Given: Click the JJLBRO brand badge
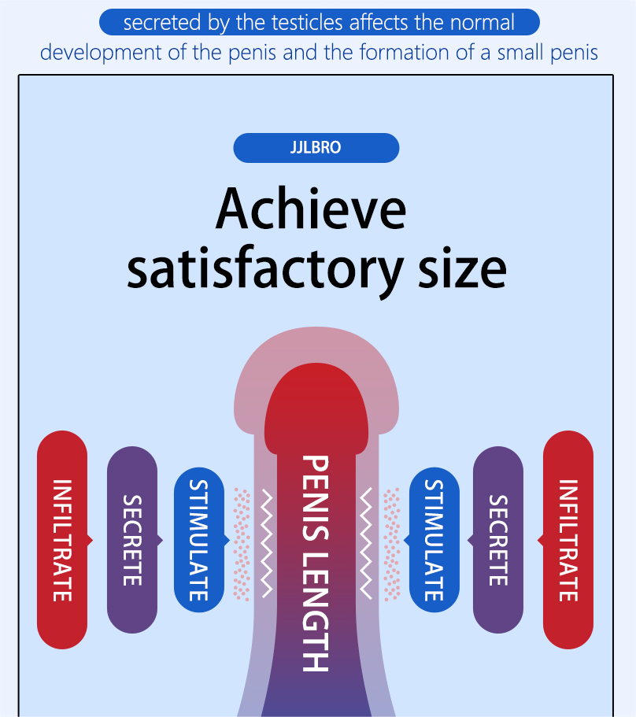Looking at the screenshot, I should pos(316,148).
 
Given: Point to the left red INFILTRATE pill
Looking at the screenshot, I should pos(62,540).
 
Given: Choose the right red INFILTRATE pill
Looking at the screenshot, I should pos(568,540).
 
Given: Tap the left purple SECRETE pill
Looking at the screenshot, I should pos(132,540).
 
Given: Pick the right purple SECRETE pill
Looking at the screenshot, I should pos(497,540).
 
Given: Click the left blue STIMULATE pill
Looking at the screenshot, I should pos(199,540).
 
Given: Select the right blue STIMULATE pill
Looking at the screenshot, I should pos(434,540).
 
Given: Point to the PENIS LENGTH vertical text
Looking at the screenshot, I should pos(315,563).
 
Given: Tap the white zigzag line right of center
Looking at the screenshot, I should pos(365,543).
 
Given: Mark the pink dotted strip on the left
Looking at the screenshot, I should pos(242,543).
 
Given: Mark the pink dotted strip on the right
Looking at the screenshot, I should pos(390,543).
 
